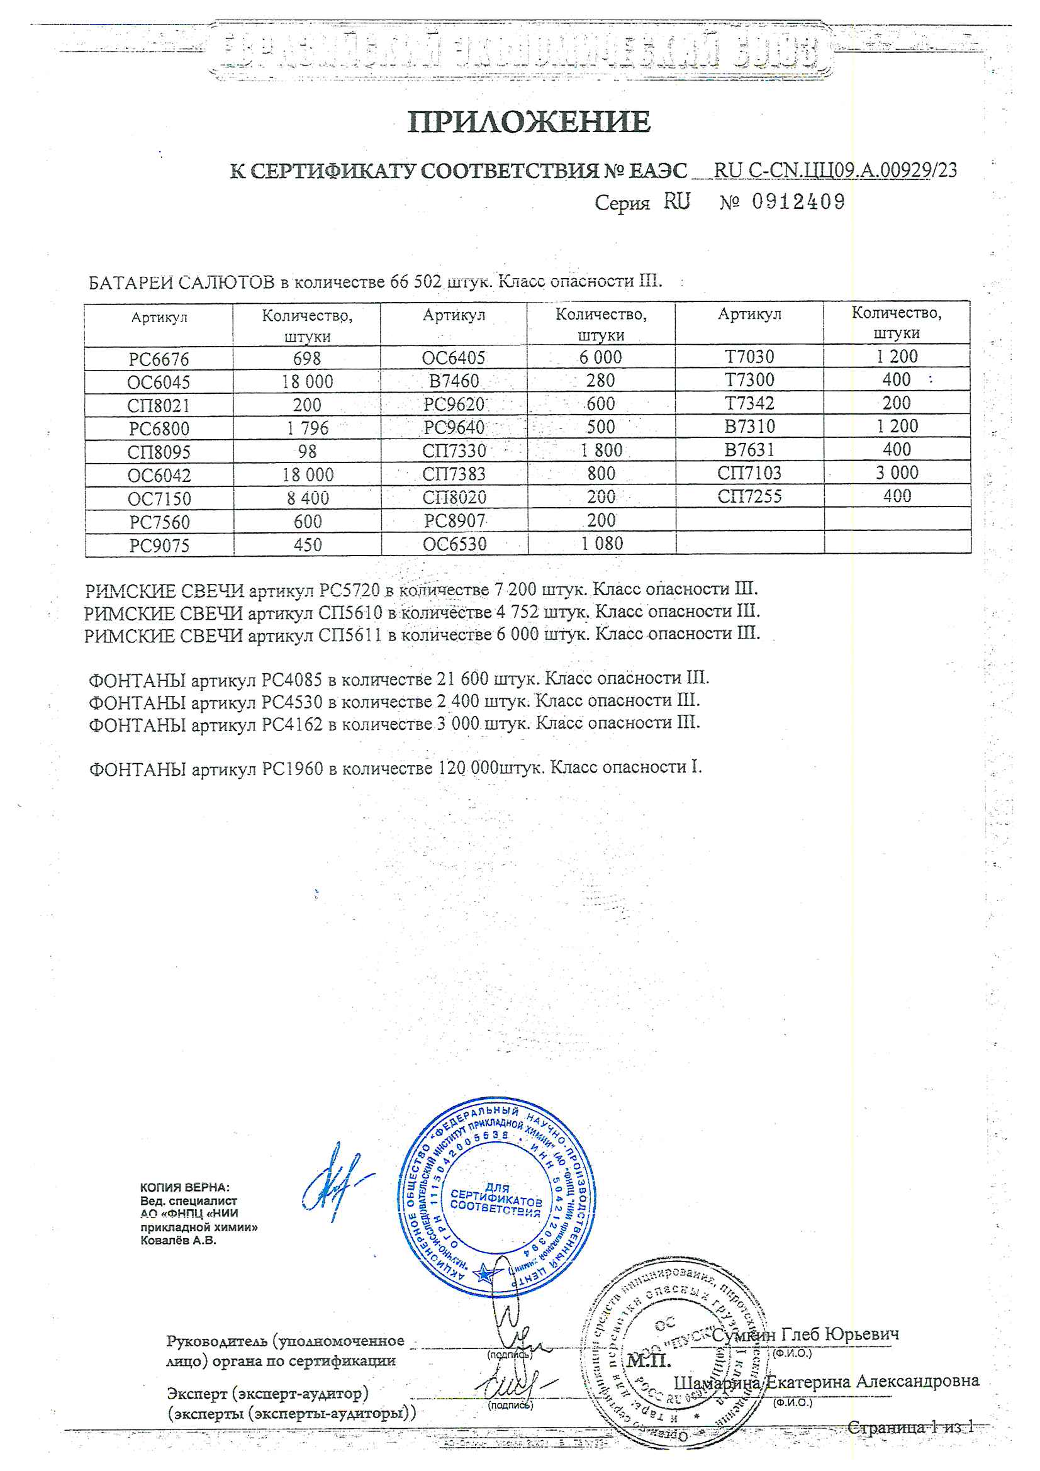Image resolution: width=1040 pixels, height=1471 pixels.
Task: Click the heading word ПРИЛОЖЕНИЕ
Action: [x=528, y=121]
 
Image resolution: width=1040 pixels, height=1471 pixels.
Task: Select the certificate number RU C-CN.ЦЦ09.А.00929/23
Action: [x=835, y=171]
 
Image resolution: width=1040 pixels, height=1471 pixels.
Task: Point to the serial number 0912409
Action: [x=798, y=203]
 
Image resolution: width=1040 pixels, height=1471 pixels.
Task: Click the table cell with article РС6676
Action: [x=159, y=359]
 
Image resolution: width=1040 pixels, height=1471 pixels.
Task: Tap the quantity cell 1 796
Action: [x=307, y=428]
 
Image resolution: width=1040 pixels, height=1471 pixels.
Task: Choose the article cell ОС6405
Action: [x=454, y=358]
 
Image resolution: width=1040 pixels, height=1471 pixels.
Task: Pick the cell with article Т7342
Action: [x=749, y=404]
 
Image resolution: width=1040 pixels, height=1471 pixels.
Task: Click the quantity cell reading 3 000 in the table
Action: [x=897, y=473]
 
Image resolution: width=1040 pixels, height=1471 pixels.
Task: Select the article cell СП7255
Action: [x=749, y=496]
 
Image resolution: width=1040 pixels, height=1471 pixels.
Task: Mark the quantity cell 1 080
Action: [x=601, y=544]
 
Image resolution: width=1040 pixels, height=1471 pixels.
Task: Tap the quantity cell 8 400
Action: [x=307, y=498]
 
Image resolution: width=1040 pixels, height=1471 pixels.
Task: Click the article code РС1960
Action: [x=292, y=768]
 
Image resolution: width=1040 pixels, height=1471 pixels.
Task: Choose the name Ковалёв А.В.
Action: [x=178, y=1240]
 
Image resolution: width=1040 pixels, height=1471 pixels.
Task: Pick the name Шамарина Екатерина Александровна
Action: [x=826, y=1382]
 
